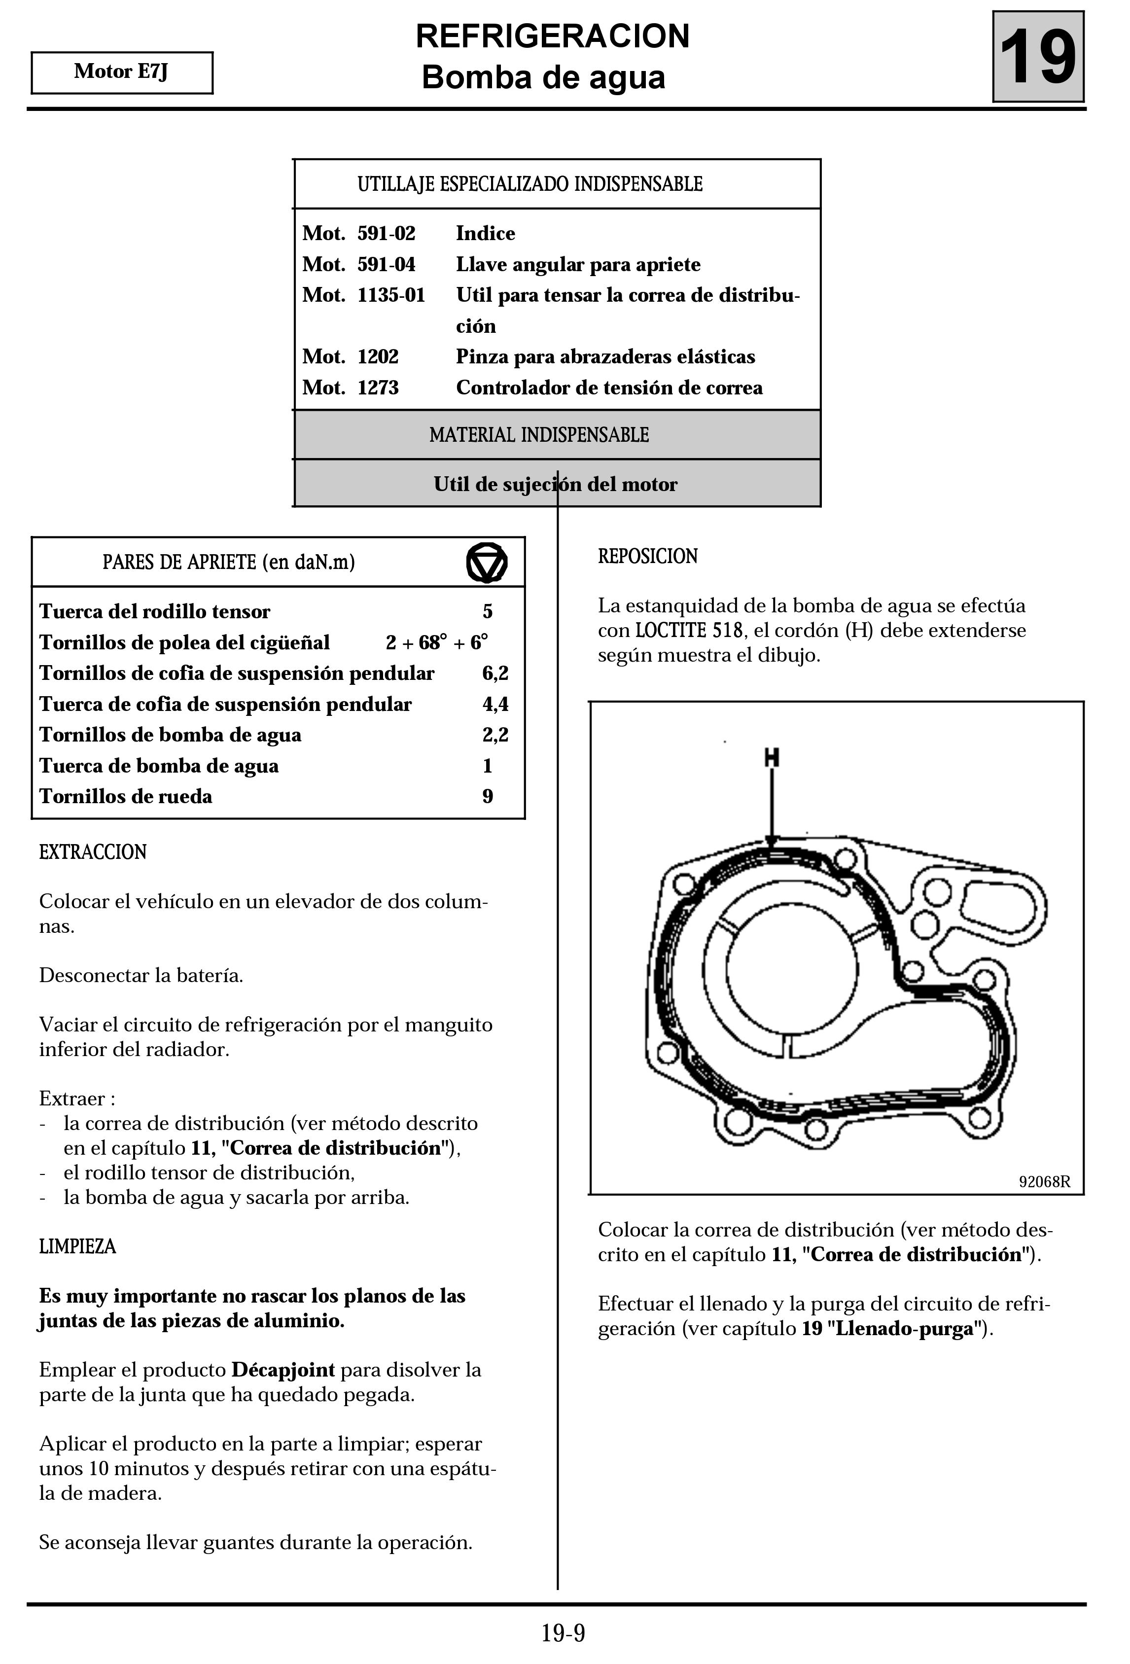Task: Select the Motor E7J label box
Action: point(122,72)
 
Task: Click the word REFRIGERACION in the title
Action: point(552,36)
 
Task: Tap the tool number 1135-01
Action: point(391,295)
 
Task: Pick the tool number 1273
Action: point(378,388)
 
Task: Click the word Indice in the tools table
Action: point(486,233)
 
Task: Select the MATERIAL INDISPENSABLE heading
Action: point(539,435)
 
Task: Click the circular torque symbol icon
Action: point(487,562)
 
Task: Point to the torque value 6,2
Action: point(495,673)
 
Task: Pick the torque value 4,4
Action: point(495,704)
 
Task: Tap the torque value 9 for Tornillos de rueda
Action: point(488,796)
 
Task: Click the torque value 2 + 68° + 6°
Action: point(437,642)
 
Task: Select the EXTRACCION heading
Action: point(93,852)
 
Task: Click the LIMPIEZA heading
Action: point(77,1246)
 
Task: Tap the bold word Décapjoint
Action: point(283,1370)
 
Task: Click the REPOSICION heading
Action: point(647,556)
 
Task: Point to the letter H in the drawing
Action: point(771,757)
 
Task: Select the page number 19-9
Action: point(564,1633)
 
